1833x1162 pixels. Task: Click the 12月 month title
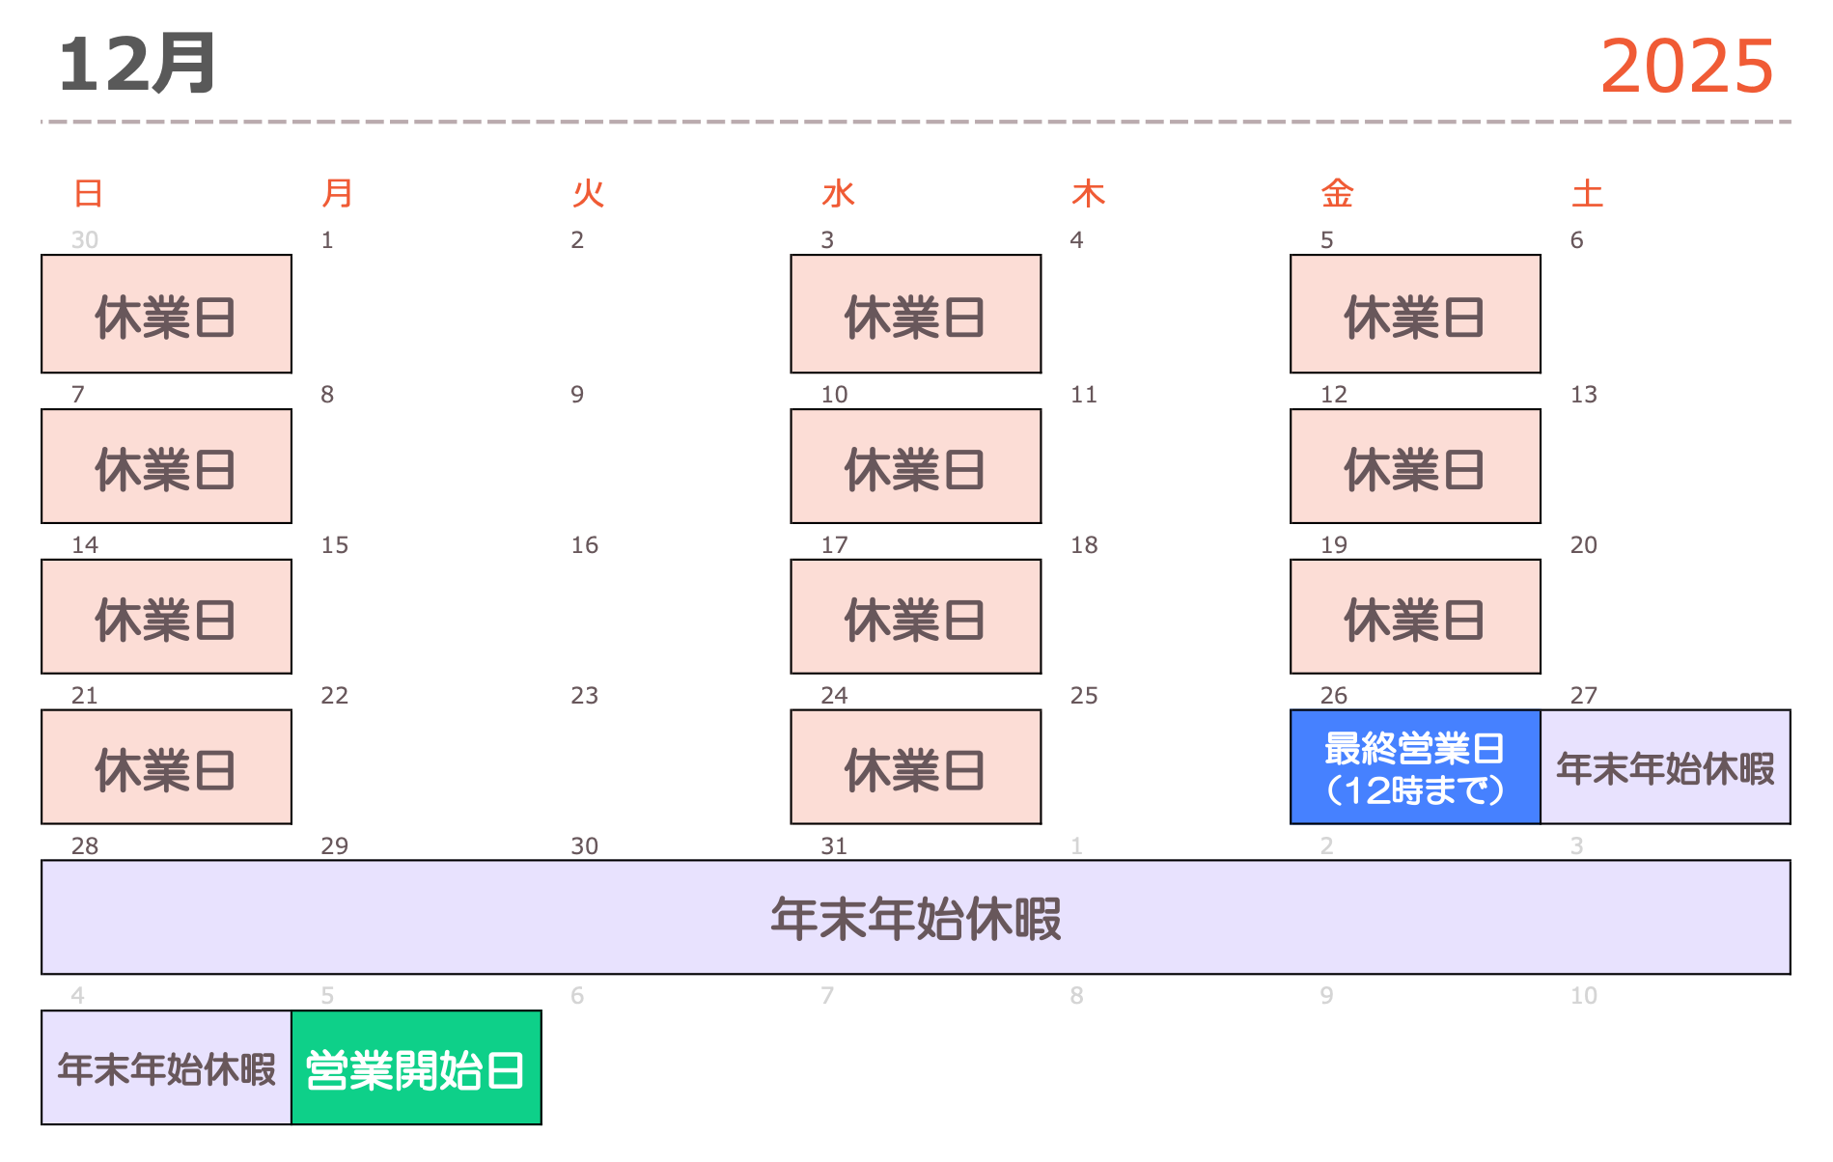click(136, 65)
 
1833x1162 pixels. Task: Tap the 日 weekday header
click(88, 194)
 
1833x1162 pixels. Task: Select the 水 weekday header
click(838, 194)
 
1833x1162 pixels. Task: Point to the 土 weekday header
click(1587, 194)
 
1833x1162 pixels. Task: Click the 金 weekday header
click(1337, 194)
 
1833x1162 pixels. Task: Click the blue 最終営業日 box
click(1415, 767)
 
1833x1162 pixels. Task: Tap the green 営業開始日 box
click(415, 1068)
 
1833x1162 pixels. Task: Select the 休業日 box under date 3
click(915, 315)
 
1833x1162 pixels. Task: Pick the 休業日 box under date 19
click(1415, 617)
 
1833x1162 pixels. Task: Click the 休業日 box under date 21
click(166, 767)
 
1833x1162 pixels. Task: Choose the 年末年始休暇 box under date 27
click(1665, 767)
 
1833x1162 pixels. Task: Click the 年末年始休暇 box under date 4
click(166, 1068)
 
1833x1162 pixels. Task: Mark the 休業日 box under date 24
click(915, 767)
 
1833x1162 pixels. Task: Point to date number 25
click(1084, 696)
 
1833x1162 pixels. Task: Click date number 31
click(834, 846)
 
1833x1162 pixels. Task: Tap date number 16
click(584, 545)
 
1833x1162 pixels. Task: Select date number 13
click(1583, 395)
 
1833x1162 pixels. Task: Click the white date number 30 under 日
click(85, 240)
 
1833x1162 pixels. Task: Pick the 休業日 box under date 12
click(1415, 466)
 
